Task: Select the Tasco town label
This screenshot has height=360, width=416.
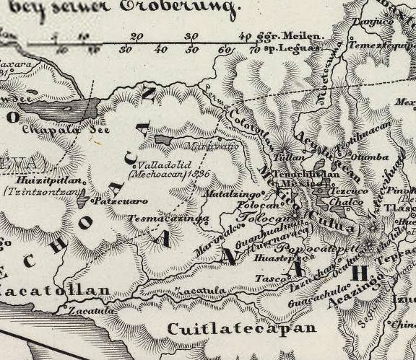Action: [x=267, y=278]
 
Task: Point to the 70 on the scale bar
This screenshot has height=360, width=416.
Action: [x=253, y=50]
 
